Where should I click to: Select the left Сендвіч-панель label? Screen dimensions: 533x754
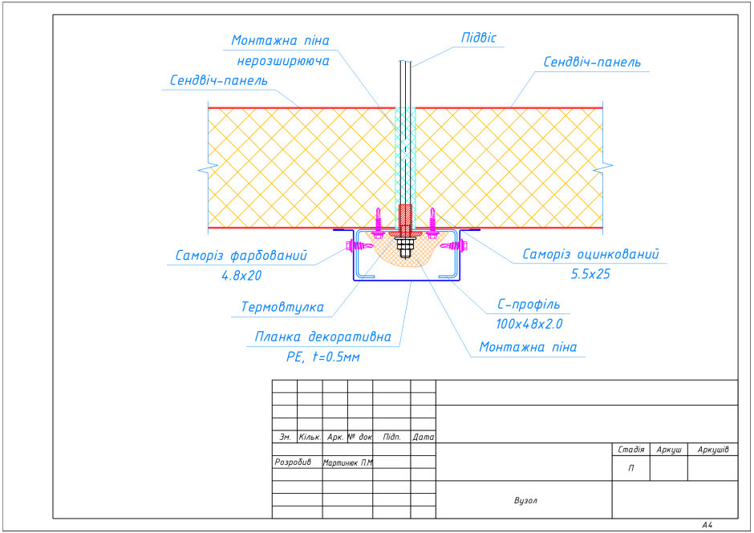point(219,81)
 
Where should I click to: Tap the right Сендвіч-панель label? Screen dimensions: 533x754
point(592,62)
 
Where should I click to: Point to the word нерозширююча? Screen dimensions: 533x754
point(283,60)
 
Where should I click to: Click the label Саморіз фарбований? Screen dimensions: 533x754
point(242,256)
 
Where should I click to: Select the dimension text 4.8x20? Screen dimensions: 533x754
point(242,276)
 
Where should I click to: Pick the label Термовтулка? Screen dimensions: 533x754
point(282,307)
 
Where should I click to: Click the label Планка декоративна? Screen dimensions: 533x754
point(323,337)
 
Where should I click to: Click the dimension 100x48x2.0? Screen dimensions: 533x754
point(529,324)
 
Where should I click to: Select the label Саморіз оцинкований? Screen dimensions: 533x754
point(591,255)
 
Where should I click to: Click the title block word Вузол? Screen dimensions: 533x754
point(525,501)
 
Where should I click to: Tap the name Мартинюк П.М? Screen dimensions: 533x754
point(347,462)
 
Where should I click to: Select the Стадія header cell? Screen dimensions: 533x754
point(630,450)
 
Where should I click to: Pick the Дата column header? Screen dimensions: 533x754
point(423,438)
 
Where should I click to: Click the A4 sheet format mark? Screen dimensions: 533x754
point(707,525)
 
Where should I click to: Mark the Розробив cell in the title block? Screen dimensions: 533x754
point(292,462)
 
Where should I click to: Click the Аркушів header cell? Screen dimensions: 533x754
point(712,450)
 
